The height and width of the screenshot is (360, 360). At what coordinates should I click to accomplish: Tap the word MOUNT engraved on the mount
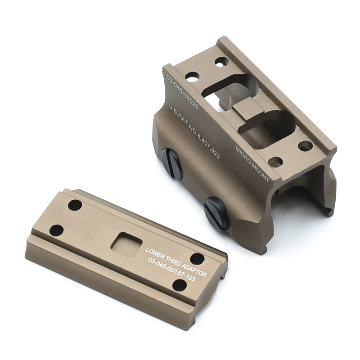[261, 172]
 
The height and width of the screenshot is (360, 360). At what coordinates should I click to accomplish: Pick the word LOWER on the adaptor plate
[154, 251]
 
